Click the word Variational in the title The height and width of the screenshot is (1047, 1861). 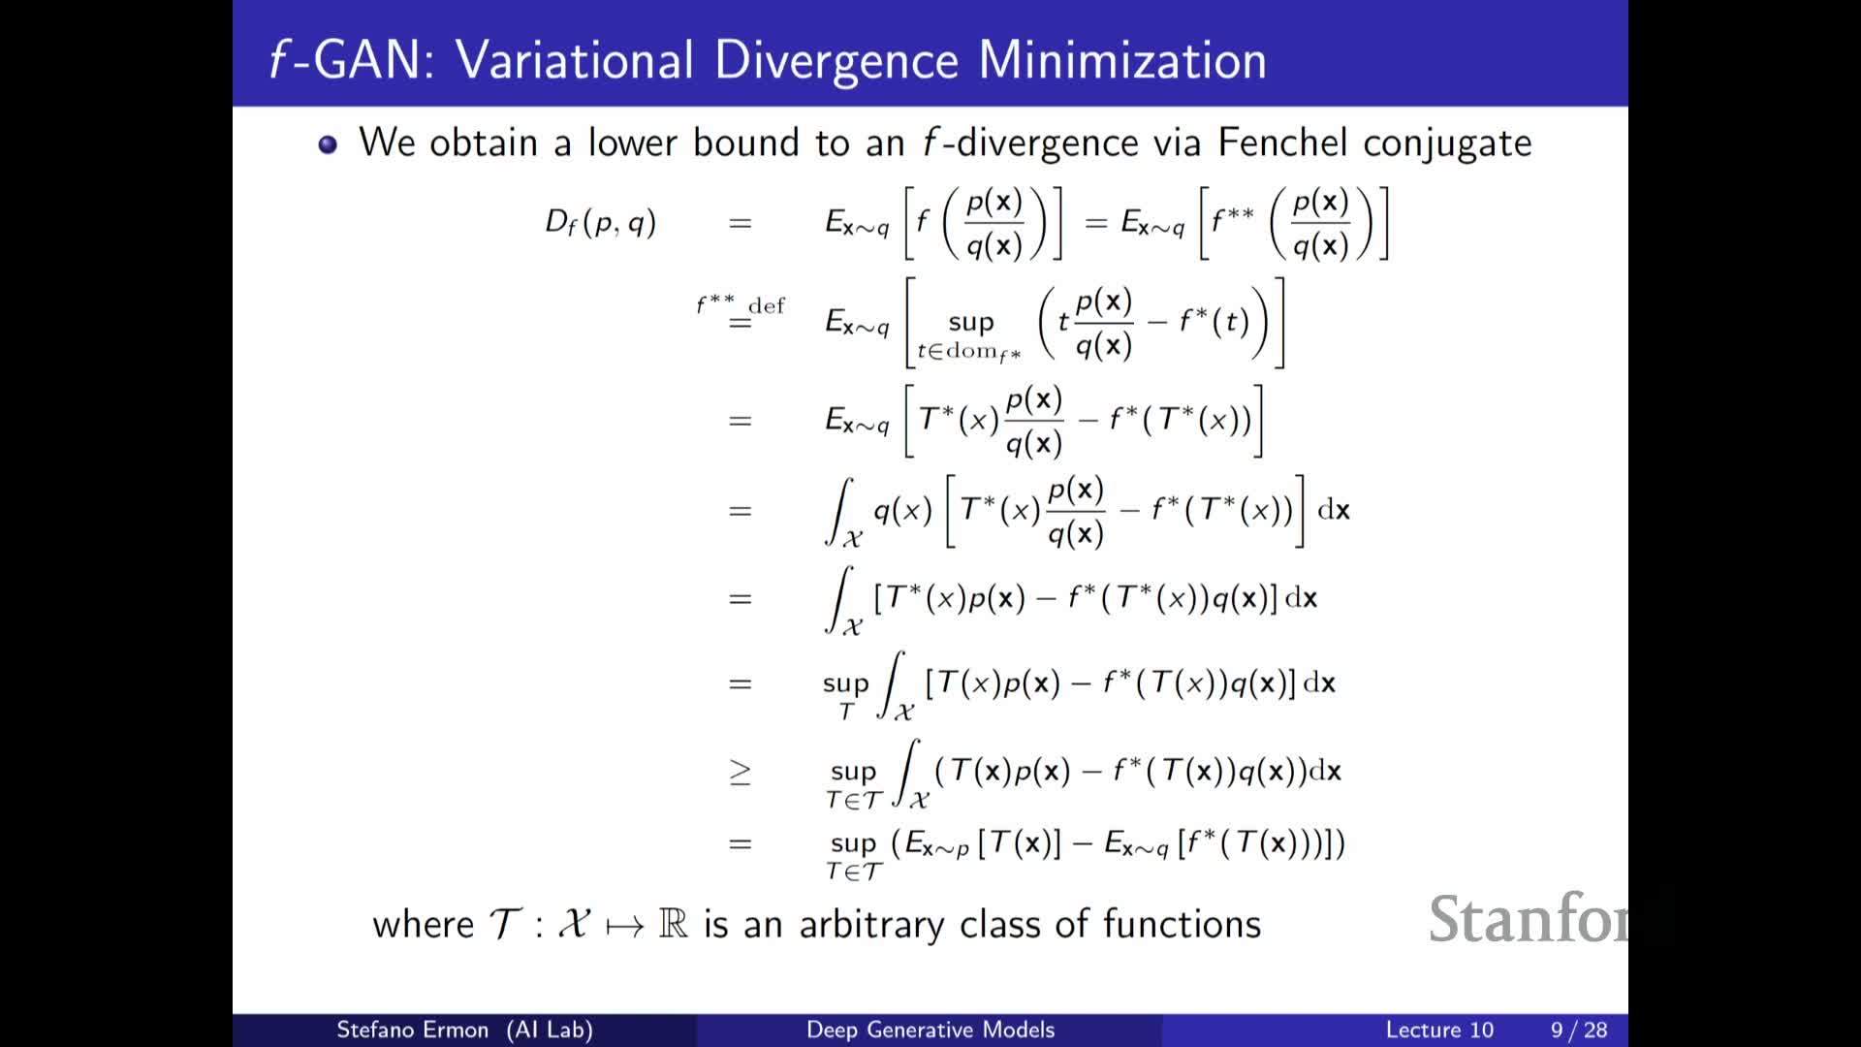pos(575,60)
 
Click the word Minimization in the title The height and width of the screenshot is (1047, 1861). pos(1122,60)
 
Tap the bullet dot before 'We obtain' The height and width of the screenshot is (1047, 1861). pos(328,144)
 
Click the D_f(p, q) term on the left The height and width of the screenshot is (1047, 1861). pos(601,223)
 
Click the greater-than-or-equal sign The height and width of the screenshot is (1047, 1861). pos(740,772)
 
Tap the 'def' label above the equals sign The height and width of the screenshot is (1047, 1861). pos(767,305)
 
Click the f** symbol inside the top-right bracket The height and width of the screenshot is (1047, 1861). pos(1233,219)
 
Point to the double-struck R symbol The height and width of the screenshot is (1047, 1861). pos(673,923)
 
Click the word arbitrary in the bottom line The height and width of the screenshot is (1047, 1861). pos(871,926)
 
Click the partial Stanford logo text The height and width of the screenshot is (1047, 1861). pos(1528,919)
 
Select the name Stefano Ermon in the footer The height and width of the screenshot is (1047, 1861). pos(412,1030)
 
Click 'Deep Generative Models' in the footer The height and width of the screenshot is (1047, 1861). pos(930,1030)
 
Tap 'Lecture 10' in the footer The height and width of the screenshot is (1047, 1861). pos(1439,1030)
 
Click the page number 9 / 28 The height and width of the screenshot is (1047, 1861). pos(1579,1030)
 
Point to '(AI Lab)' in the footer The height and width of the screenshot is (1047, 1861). pos(550,1030)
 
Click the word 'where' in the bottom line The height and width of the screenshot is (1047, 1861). pos(424,924)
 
